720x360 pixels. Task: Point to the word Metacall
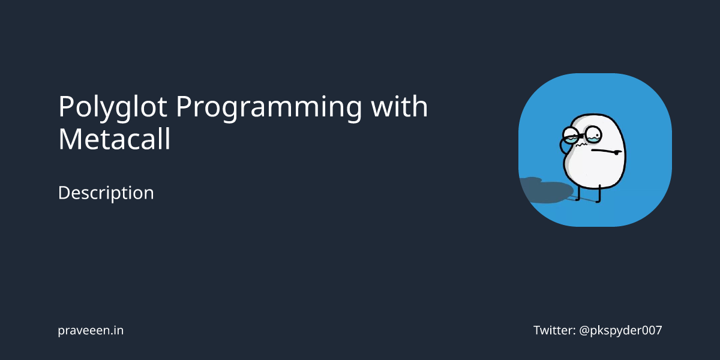pyautogui.click(x=114, y=139)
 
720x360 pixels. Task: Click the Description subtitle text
pyautogui.click(x=106, y=193)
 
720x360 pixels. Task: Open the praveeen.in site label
pyautogui.click(x=91, y=330)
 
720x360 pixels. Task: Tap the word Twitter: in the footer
pyautogui.click(x=554, y=330)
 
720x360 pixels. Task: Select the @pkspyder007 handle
pyautogui.click(x=620, y=330)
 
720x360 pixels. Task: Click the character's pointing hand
pyautogui.click(x=616, y=152)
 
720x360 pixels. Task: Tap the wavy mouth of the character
pyautogui.click(x=580, y=145)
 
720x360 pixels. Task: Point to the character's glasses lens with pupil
pyautogui.click(x=593, y=133)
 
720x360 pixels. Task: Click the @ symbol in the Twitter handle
pyautogui.click(x=586, y=330)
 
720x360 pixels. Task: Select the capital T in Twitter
pyautogui.click(x=537, y=330)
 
